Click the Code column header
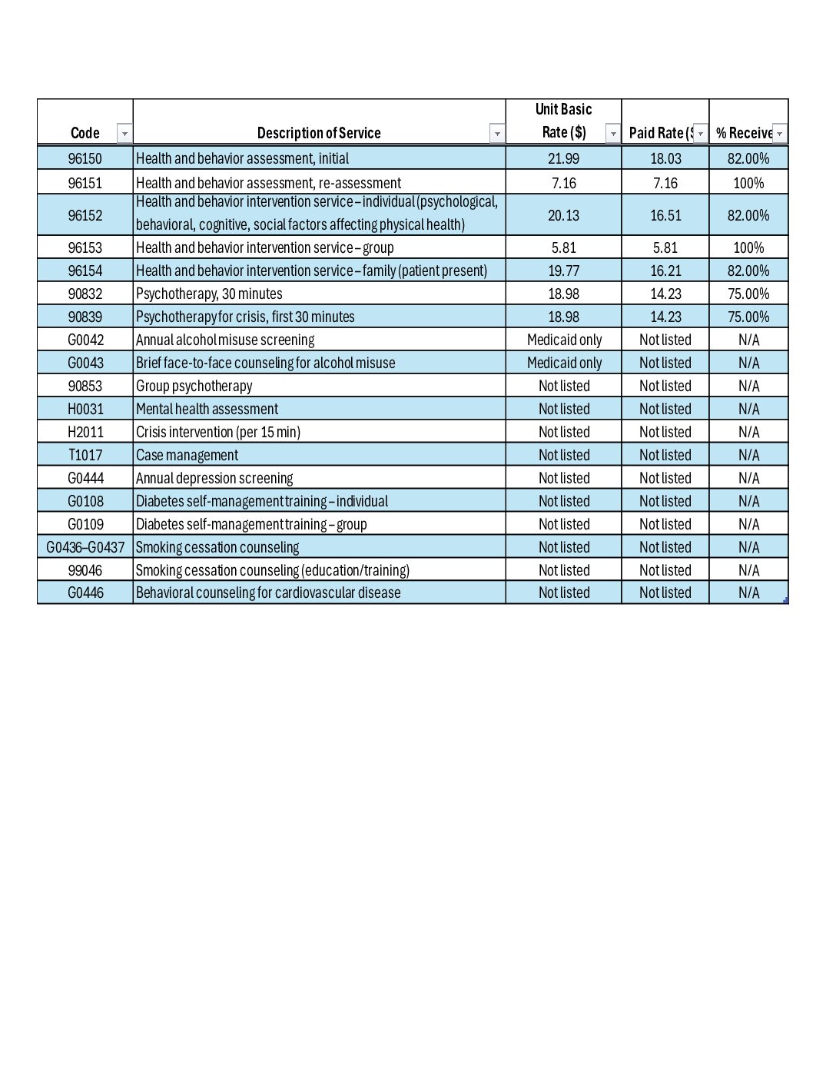85,133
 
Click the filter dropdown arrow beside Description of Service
497,134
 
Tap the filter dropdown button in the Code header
124,134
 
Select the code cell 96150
85,158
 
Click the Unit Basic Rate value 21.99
563,158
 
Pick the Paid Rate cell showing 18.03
665,158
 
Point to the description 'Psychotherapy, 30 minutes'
209,294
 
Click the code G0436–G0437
85,547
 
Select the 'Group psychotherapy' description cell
194,386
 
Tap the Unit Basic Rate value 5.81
563,247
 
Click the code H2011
85,432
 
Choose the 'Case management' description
187,455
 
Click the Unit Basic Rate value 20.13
563,215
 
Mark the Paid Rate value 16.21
665,270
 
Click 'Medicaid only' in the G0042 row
564,340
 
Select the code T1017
85,455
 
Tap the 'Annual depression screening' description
214,478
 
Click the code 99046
85,570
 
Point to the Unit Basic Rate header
563,121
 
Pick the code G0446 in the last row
85,592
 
